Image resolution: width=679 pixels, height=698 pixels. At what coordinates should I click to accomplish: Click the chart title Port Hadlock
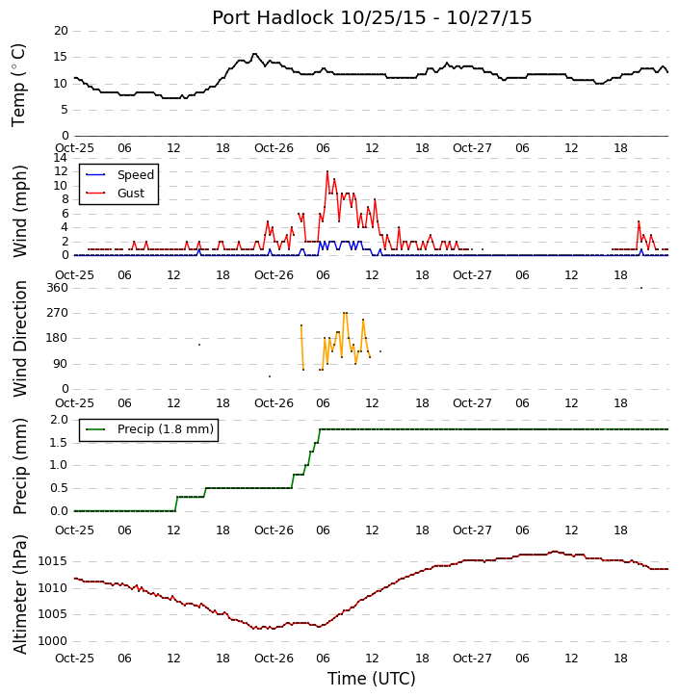(273, 18)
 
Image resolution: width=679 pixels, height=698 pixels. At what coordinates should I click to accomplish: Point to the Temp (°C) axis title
(18, 85)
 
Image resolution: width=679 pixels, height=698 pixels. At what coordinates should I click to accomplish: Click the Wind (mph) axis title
(19, 212)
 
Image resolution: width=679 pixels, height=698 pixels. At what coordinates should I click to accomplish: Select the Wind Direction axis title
(19, 339)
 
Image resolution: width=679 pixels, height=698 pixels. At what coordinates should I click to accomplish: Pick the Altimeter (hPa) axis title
(19, 594)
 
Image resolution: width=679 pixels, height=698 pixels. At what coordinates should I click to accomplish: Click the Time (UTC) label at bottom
(372, 679)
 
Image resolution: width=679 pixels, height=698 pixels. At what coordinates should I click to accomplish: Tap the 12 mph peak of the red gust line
(327, 171)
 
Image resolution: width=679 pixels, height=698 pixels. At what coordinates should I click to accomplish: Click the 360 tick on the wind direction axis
(58, 288)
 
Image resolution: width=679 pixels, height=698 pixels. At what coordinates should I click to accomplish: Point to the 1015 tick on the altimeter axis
(53, 561)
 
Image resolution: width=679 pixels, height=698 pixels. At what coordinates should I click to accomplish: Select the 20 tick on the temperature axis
(61, 31)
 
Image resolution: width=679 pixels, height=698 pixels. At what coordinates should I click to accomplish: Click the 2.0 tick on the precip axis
(59, 420)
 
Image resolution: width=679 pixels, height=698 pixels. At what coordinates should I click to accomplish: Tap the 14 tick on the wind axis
(61, 158)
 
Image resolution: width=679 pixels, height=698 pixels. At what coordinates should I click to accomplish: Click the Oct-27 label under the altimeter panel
(472, 658)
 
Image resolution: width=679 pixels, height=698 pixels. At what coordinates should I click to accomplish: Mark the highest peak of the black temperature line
(254, 54)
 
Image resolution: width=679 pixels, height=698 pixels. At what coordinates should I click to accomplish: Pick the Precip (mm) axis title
(19, 467)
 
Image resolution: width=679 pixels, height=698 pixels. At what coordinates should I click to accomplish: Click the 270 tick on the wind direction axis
(58, 313)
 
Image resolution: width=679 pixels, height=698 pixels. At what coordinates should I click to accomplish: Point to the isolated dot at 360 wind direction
(641, 288)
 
